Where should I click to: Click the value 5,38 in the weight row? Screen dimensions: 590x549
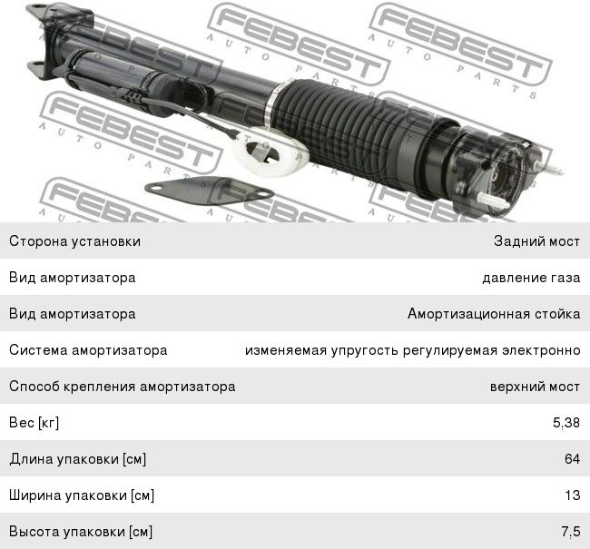(x=565, y=423)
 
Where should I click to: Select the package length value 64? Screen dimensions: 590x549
(x=572, y=458)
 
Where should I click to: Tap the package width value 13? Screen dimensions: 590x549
(x=573, y=495)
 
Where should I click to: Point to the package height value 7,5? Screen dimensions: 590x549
(x=571, y=532)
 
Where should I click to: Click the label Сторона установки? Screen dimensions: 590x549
(x=74, y=241)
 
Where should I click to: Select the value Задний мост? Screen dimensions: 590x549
(x=537, y=241)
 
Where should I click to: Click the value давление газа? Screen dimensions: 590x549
(x=531, y=278)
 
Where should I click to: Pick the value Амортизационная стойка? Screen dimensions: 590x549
(x=494, y=314)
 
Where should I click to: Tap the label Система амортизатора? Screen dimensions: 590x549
(x=88, y=350)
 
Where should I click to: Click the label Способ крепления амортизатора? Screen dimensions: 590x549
(x=123, y=387)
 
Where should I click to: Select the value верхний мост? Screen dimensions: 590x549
(x=535, y=387)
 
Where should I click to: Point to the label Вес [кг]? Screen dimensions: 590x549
(x=34, y=423)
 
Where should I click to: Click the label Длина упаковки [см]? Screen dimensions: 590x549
(x=78, y=459)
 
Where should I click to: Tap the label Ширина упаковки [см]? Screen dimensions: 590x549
(x=82, y=495)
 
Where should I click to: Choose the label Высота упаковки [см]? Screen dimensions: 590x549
(x=81, y=532)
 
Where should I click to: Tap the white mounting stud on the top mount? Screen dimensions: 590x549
(x=491, y=201)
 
